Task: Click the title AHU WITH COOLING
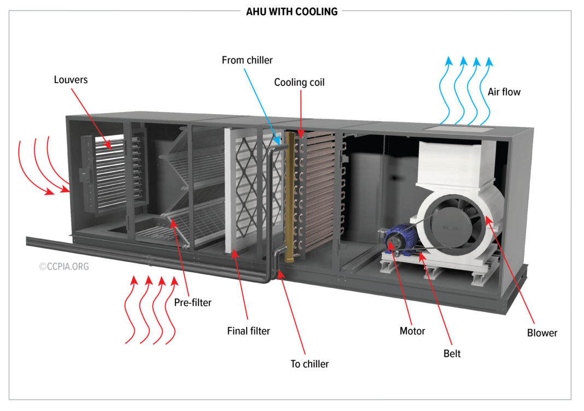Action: pyautogui.click(x=291, y=11)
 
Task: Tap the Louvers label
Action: pyautogui.click(x=71, y=80)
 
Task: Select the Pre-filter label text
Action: pyautogui.click(x=192, y=302)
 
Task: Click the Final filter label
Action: pyautogui.click(x=248, y=331)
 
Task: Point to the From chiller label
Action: pyautogui.click(x=247, y=60)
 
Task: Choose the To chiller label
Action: pyautogui.click(x=309, y=363)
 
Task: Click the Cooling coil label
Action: pyautogui.click(x=299, y=83)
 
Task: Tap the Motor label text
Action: pyautogui.click(x=412, y=331)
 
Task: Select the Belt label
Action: pyautogui.click(x=452, y=354)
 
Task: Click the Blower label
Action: pyautogui.click(x=542, y=333)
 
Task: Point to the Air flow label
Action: pyautogui.click(x=504, y=92)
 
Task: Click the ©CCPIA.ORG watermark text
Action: pyautogui.click(x=63, y=267)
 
